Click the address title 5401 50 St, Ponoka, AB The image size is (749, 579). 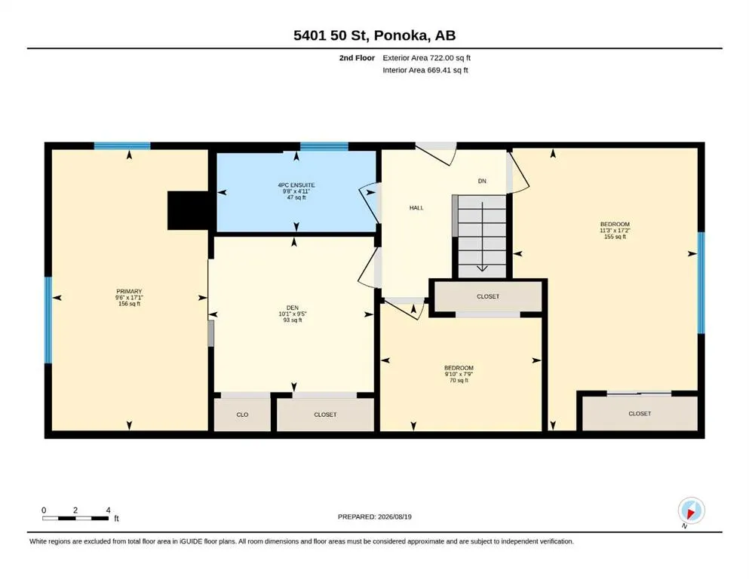tap(374, 35)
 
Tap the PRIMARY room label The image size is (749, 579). tap(129, 291)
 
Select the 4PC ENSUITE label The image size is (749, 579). tap(296, 185)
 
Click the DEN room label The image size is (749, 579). tap(293, 308)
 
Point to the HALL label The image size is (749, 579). tap(416, 207)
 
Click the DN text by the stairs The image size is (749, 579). tap(482, 181)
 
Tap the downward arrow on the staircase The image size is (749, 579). tap(482, 237)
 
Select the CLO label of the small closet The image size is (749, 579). tap(242, 415)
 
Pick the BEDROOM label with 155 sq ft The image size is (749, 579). tap(615, 224)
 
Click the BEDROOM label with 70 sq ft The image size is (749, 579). tap(459, 368)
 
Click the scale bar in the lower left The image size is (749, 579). tap(75, 518)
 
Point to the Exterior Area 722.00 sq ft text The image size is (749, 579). tap(427, 58)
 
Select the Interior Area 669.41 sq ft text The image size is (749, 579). tap(425, 70)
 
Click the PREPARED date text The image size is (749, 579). tap(374, 516)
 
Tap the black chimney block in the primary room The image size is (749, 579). tap(187, 210)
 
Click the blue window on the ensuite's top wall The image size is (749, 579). tap(324, 146)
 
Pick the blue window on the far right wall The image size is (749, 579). tap(701, 283)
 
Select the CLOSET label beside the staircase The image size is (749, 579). tap(488, 296)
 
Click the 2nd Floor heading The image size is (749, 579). tap(357, 58)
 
